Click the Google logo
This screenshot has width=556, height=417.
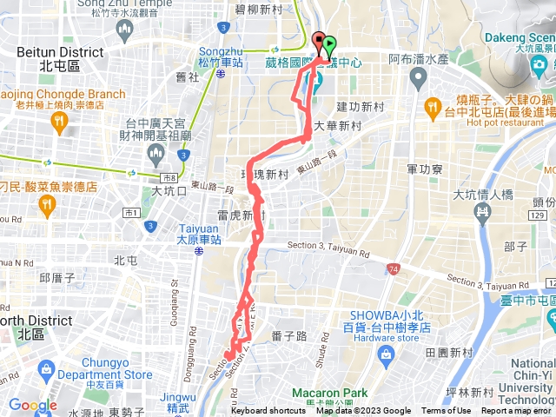(x=33, y=405)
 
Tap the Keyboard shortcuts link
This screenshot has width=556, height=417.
(x=268, y=411)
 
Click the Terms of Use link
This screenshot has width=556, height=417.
(x=446, y=411)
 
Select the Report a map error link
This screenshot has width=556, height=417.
(x=517, y=411)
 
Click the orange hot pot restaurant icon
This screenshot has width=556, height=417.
(x=433, y=108)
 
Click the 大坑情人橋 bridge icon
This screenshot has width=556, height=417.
(x=483, y=209)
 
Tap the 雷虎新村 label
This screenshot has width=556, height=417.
(x=241, y=215)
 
